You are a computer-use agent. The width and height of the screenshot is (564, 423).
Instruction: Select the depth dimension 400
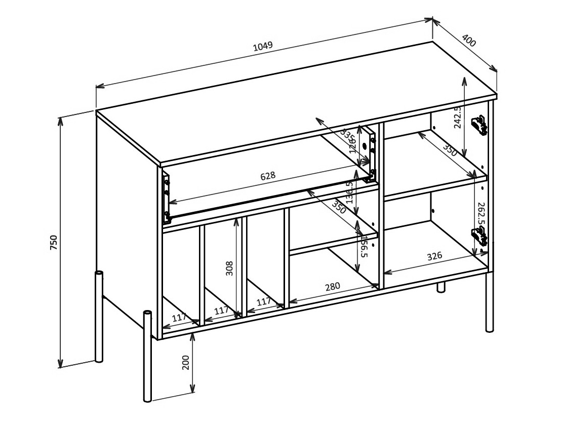[469, 41]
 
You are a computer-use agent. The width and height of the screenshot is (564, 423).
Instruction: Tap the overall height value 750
[54, 242]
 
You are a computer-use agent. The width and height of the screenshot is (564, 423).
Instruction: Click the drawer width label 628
[268, 176]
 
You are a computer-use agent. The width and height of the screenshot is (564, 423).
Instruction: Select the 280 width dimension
[332, 287]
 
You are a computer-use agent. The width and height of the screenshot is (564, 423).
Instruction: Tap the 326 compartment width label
[434, 256]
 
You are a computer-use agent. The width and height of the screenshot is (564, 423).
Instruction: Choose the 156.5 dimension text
[364, 247]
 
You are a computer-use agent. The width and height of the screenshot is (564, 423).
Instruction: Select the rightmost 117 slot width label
[263, 302]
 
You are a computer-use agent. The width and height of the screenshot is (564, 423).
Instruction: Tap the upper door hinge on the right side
[479, 125]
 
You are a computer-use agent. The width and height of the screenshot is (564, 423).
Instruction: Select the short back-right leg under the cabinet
[441, 287]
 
